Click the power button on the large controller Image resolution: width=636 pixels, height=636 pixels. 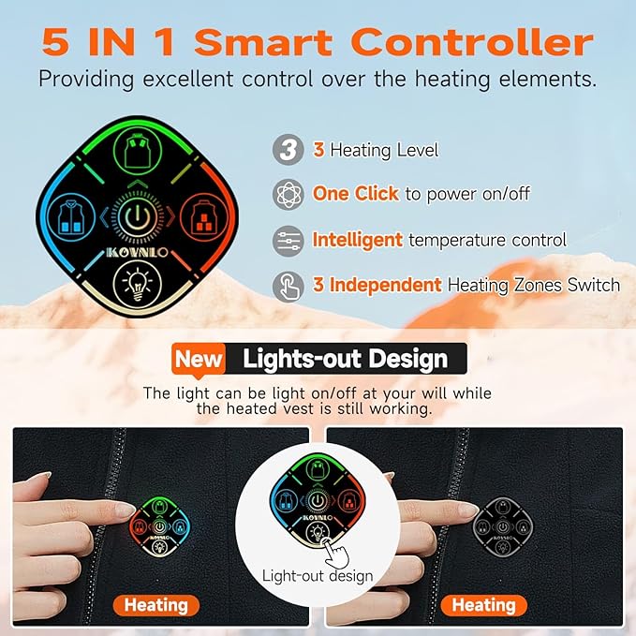138,217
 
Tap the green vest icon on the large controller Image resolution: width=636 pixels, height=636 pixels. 138,150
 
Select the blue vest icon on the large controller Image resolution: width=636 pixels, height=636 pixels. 71,217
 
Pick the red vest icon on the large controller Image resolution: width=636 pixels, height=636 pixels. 204,217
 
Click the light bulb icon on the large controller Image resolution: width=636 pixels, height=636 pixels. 138,284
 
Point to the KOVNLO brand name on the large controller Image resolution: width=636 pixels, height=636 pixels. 137,252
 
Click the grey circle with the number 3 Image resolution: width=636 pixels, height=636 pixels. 288,150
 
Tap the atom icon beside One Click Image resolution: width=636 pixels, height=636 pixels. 288,194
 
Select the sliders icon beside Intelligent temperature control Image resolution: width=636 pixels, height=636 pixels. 288,241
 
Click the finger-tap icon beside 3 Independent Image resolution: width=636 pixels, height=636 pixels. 288,287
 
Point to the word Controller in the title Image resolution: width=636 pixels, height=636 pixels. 472,42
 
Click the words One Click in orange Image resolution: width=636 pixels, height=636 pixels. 356,194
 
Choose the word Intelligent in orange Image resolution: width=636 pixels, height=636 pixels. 358,240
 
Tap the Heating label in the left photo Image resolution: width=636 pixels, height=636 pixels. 156,605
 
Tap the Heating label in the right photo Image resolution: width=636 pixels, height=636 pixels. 484,605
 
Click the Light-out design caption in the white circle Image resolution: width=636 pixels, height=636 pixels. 318,576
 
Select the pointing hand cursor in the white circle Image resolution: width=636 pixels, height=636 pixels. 335,553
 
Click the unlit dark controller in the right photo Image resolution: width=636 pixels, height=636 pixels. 503,527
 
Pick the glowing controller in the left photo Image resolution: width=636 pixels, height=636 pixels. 160,527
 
